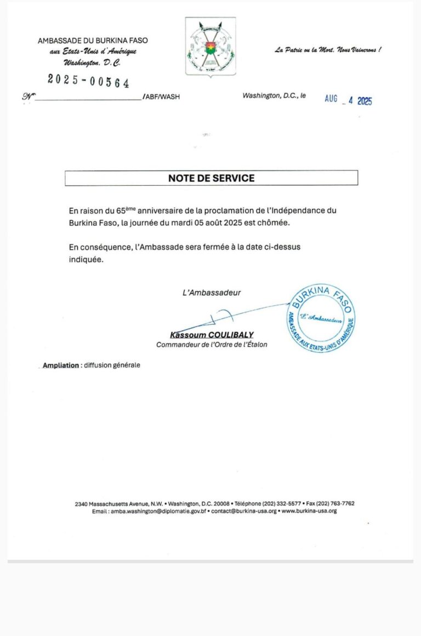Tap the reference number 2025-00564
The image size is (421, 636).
click(x=88, y=81)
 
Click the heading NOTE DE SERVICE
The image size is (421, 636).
click(x=211, y=178)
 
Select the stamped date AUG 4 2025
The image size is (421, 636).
click(x=348, y=100)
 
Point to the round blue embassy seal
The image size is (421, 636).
click(x=321, y=319)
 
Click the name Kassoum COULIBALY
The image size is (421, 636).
click(x=212, y=335)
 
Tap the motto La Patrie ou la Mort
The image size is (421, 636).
click(x=328, y=50)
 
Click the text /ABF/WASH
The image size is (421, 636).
click(x=161, y=96)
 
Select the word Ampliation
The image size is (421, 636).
click(x=61, y=365)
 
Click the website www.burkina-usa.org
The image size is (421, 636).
click(x=309, y=511)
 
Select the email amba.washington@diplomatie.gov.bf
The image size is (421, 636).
click(x=158, y=511)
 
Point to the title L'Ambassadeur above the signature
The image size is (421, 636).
click(x=212, y=293)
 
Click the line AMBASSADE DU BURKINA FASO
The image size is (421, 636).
click(x=93, y=41)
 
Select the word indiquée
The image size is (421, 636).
click(x=86, y=260)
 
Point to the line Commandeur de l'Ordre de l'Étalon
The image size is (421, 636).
click(x=212, y=345)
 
